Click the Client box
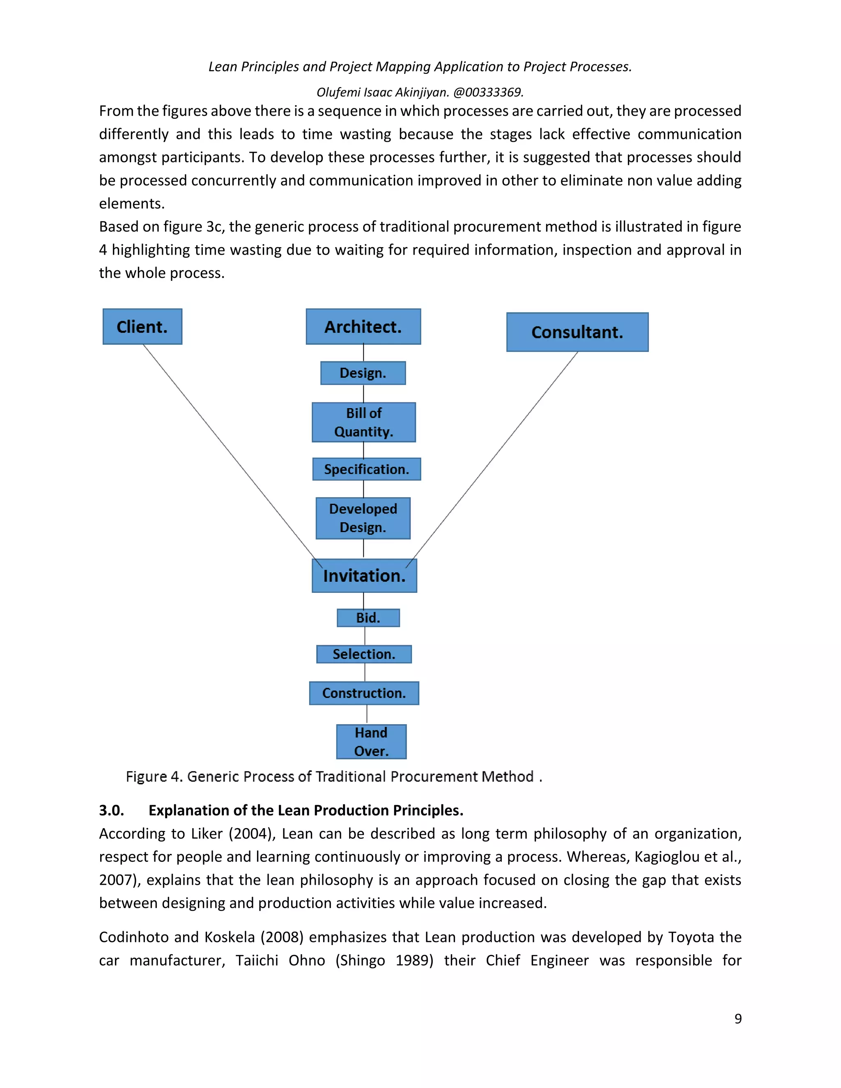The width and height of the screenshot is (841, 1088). pos(142,327)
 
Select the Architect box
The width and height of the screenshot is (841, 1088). pos(363,327)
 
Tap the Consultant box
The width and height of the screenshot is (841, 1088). pos(577,332)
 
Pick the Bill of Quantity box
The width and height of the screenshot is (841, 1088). pos(364,422)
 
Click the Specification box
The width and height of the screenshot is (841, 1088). pos(366,469)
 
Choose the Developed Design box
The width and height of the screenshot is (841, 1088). pos(363,518)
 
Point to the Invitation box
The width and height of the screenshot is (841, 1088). pos(364,576)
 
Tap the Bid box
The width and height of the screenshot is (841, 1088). pos(368,618)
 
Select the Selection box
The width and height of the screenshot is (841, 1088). pos(364,654)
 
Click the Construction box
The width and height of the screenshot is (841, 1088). pos(364,693)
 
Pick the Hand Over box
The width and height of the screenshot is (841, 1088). pos(371,742)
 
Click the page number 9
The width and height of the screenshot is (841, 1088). pos(738,1019)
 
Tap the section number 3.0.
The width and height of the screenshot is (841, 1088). pos(111,810)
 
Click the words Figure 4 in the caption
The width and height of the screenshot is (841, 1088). pos(154,777)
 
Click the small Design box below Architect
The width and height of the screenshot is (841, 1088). pos(363,373)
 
